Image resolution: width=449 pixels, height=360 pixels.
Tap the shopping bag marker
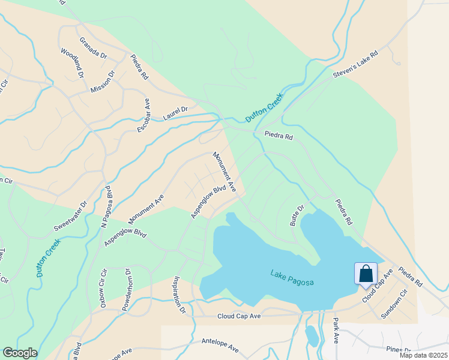click(366, 274)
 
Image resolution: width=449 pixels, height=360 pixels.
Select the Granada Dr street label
click(93, 47)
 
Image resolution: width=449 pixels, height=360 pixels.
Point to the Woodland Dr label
click(71, 62)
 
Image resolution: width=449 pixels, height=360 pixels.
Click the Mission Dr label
click(102, 82)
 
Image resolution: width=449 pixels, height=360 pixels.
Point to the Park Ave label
click(336, 331)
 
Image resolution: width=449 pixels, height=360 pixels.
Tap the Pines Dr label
click(399, 350)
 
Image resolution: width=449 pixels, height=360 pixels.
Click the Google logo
click(20, 353)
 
